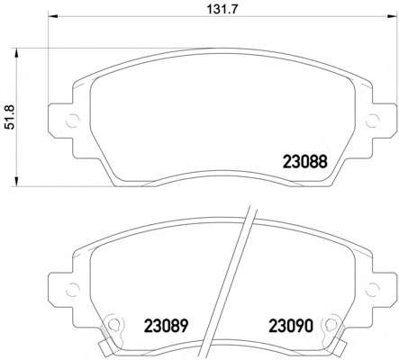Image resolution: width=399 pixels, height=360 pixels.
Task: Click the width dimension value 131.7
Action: pyautogui.click(x=222, y=9)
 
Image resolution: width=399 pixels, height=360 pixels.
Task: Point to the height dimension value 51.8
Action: pyautogui.click(x=10, y=118)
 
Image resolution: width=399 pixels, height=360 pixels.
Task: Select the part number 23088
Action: pyautogui.click(x=304, y=162)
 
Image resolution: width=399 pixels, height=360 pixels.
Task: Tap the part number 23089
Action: pyautogui.click(x=166, y=326)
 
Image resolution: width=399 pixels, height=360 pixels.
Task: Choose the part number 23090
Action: pyautogui.click(x=291, y=326)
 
